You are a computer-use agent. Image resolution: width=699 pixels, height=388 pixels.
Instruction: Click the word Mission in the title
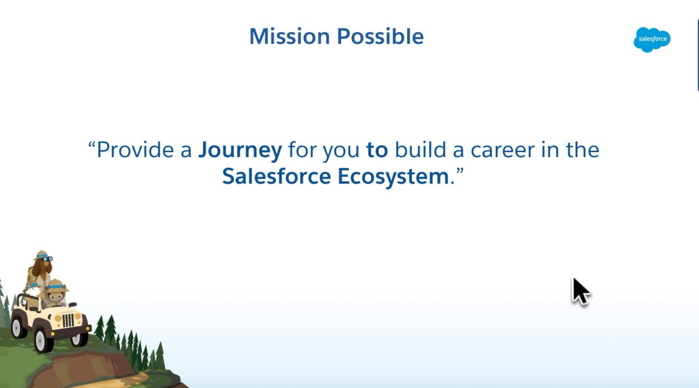282,36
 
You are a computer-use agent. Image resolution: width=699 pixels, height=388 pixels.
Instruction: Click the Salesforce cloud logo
652,40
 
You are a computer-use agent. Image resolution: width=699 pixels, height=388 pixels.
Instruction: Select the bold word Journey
240,150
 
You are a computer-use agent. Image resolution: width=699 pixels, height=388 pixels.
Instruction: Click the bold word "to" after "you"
377,150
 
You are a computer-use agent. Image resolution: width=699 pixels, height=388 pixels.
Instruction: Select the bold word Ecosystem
393,177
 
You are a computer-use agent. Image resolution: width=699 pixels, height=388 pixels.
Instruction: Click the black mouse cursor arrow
580,291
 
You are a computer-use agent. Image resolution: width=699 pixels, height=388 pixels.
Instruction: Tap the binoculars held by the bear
48,259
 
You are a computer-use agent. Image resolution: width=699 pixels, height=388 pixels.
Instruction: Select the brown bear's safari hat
41,255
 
